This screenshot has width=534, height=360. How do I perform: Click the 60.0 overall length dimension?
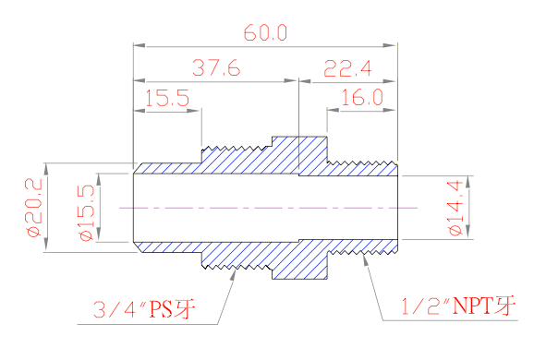click(266, 32)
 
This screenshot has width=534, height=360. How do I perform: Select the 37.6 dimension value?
click(216, 67)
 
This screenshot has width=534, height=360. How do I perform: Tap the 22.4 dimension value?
click(347, 68)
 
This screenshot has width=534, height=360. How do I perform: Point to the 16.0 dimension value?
click(362, 97)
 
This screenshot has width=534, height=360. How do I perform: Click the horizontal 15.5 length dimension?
click(167, 99)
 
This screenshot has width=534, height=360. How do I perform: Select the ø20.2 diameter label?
click(33, 207)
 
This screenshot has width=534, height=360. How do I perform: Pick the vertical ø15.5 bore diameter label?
click(86, 213)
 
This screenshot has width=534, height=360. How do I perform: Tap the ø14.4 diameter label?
click(455, 209)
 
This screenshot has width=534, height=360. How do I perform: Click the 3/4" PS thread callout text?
click(144, 309)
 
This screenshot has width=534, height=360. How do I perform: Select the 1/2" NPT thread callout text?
click(459, 306)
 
